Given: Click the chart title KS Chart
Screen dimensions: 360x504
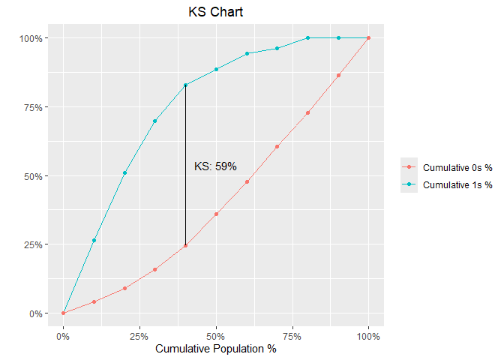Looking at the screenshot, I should pos(216,13).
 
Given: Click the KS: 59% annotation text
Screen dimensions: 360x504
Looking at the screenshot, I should pos(215,166).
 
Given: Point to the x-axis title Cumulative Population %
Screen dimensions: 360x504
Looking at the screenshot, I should pos(216,349).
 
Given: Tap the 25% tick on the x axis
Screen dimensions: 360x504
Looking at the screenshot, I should pos(139,335).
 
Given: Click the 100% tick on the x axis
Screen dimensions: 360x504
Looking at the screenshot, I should pos(368,335).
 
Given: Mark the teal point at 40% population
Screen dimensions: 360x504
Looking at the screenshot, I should pos(185,85).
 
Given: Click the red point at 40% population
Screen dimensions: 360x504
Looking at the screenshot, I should pos(185,245).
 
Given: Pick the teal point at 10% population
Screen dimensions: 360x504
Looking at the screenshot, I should pos(94,240).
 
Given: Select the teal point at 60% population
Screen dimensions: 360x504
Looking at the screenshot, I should pos(247,53).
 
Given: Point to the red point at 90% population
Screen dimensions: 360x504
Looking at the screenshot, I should pos(338,75).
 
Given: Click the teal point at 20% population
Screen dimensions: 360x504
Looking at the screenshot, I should pos(124,172).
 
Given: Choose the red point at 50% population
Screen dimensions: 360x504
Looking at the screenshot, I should pos(216,214).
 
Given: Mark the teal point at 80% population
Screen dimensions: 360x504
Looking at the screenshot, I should pos(307,37).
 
